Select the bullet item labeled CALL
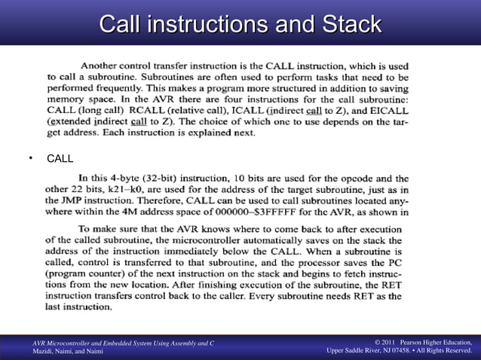point(60,159)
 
